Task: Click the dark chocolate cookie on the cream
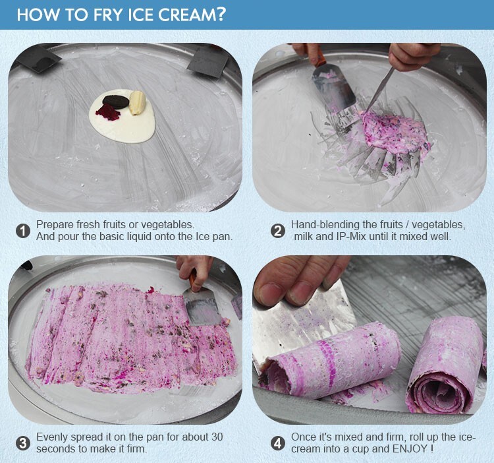click(x=116, y=102)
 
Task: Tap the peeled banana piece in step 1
click(x=138, y=103)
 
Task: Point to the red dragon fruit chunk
click(x=108, y=113)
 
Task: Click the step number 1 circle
click(x=23, y=231)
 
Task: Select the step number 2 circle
click(x=277, y=231)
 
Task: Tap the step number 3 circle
click(x=23, y=443)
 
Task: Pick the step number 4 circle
click(x=277, y=443)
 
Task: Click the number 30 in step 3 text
click(x=217, y=437)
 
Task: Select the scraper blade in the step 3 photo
click(x=202, y=307)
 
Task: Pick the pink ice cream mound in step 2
click(x=395, y=133)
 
